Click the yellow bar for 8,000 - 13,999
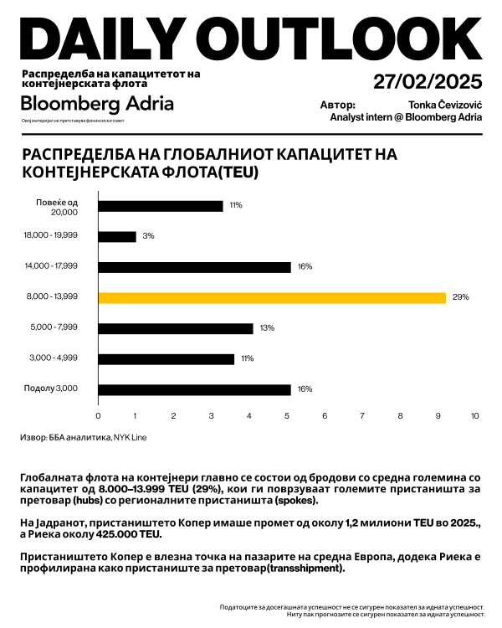point(272,297)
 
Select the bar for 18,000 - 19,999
point(117,236)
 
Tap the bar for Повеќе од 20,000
point(161,205)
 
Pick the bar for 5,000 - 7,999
point(176,328)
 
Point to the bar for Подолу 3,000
point(194,389)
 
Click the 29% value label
point(461,297)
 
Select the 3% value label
point(148,236)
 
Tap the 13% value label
point(267,328)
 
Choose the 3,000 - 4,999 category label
point(53,358)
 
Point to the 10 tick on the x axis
point(475,416)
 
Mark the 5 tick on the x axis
point(287,416)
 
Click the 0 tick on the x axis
point(99,416)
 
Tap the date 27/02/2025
point(428,81)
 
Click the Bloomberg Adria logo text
point(97,104)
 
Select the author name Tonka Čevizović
point(445,106)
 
